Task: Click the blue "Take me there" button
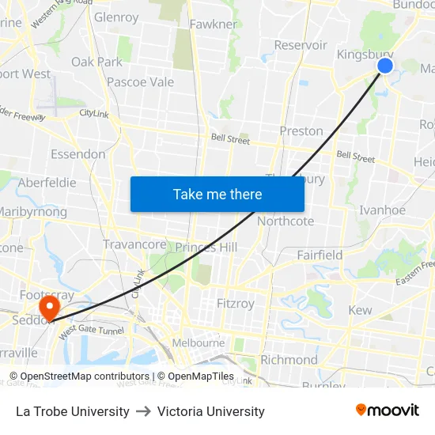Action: coord(217,194)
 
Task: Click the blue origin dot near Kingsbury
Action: coord(385,66)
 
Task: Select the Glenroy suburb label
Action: coord(116,17)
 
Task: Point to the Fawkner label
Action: coord(214,24)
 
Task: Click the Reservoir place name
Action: coord(301,45)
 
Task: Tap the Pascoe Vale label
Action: coord(140,81)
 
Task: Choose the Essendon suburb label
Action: coord(78,153)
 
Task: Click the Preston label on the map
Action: coord(301,130)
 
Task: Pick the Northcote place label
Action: coord(286,221)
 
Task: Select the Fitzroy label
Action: coord(236,303)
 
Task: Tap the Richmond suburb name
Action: coord(289,360)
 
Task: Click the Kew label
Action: coord(360,310)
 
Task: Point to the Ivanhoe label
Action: coord(382,210)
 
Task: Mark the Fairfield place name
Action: coord(320,255)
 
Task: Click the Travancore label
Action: coord(134,244)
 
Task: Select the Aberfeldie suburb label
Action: coord(47,182)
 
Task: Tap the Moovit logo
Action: coord(388,410)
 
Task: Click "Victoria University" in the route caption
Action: coord(211,411)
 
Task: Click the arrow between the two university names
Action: coord(143,411)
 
